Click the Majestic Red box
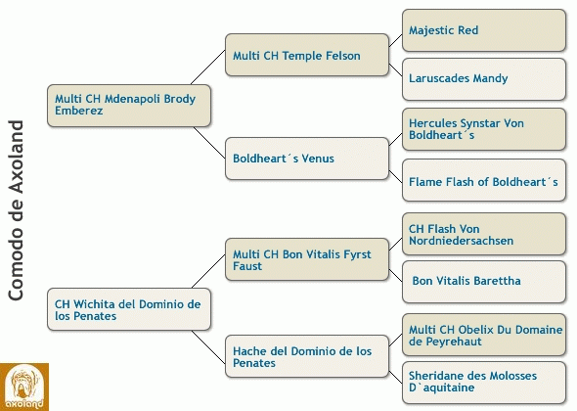click(484, 30)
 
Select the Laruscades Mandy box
click(484, 79)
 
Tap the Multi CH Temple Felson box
click(307, 55)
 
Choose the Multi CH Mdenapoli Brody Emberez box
click(129, 106)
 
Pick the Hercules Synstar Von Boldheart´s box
click(484, 129)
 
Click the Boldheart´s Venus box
click(307, 159)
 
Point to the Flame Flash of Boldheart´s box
click(484, 180)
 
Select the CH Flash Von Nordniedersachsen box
click(484, 234)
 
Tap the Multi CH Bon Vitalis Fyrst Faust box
click(307, 259)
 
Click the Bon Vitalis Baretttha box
click(484, 282)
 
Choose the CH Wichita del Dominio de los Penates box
click(129, 309)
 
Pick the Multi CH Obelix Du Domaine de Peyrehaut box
click(484, 335)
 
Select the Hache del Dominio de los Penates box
click(307, 356)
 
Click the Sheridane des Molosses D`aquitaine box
click(484, 383)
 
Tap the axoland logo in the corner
click(24, 388)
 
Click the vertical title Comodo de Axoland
click(16, 210)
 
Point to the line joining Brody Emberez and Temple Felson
click(208, 67)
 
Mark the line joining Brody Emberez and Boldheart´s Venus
click(209, 143)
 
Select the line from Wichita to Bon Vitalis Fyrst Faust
click(208, 271)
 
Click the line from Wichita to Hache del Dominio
click(208, 347)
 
